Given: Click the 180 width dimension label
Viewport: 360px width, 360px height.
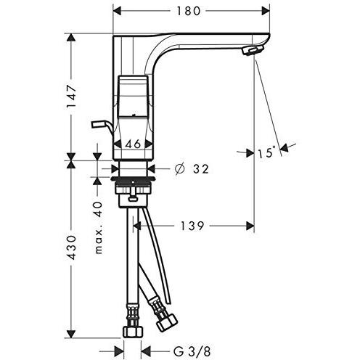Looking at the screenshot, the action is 189,11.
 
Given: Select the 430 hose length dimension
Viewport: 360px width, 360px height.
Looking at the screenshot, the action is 72,247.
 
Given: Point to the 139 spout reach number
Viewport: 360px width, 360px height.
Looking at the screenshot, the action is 192,226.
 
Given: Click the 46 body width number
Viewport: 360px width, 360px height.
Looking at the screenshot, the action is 133,144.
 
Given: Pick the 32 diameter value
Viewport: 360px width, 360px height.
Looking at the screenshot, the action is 201,169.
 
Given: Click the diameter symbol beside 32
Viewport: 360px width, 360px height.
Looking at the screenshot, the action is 179,168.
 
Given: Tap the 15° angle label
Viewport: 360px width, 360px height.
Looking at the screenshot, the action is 266,152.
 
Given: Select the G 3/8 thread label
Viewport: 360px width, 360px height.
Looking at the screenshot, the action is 192,351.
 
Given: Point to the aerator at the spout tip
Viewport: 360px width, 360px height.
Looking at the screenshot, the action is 252,51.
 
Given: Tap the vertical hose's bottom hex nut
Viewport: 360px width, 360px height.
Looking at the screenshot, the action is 133,332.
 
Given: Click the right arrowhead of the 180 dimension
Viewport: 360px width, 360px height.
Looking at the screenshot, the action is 266,11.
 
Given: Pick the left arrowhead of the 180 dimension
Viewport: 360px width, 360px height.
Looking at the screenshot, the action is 118,11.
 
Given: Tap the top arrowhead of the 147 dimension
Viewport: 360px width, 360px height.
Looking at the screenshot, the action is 71,38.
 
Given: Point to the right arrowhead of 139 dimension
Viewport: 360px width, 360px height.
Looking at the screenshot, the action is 250,226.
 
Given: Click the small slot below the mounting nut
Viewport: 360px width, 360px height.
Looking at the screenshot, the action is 133,199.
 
